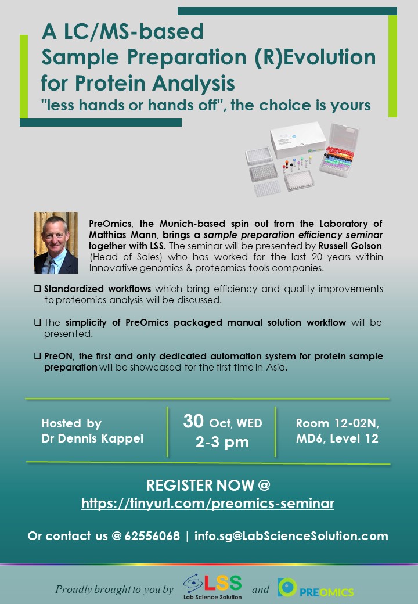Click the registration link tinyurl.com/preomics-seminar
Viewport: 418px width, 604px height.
[208, 504]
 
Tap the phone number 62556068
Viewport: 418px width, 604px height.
[152, 536]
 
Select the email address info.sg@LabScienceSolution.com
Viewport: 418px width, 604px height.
[291, 536]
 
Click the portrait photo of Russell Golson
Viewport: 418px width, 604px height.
[56, 243]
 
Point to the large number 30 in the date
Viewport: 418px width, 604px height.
[193, 421]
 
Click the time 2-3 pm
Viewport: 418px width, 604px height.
[222, 442]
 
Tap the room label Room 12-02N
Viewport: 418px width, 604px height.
[337, 423]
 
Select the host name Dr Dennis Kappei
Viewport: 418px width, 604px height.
[92, 438]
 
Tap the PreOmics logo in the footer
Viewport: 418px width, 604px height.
[316, 588]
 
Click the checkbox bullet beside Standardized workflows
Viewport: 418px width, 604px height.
[37, 289]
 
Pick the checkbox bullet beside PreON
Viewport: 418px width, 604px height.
[37, 356]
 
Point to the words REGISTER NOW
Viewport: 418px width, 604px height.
[200, 486]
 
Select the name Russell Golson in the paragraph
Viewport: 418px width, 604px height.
[350, 246]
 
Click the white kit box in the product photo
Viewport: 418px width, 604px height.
[297, 140]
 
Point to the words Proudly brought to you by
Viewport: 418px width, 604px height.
[114, 589]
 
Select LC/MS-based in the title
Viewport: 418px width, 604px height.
[134, 31]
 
